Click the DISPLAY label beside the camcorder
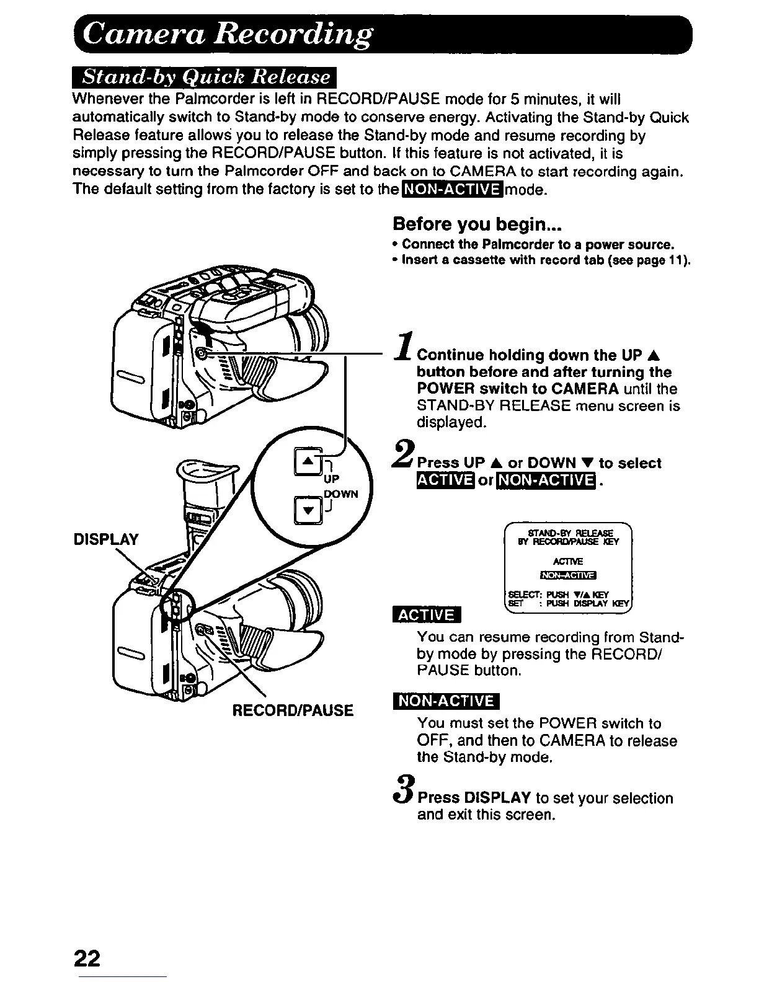(x=106, y=539)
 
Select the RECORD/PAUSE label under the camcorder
(x=293, y=710)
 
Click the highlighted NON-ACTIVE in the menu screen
(x=568, y=577)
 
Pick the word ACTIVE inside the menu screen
(x=568, y=562)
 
